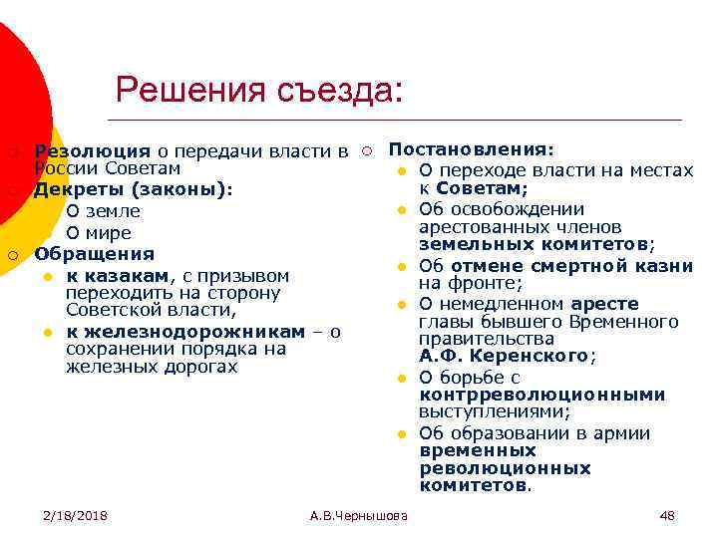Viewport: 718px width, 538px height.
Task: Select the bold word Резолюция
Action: tap(92, 151)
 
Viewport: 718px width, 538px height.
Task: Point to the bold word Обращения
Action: tap(95, 253)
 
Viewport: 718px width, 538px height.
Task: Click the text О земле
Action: tap(103, 211)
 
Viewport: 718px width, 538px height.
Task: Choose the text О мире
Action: tap(98, 232)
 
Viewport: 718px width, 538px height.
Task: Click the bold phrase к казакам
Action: tap(119, 275)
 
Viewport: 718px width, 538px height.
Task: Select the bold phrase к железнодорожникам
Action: tap(185, 331)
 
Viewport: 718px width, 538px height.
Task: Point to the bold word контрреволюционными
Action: tap(542, 394)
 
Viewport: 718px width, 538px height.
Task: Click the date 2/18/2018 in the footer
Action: tap(75, 515)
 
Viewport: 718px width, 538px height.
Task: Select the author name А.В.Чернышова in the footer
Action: tap(358, 515)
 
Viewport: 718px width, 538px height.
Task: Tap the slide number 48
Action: tap(667, 515)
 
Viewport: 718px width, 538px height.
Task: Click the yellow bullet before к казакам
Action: tap(47, 276)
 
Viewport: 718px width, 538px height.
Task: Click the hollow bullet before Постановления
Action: tap(367, 150)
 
